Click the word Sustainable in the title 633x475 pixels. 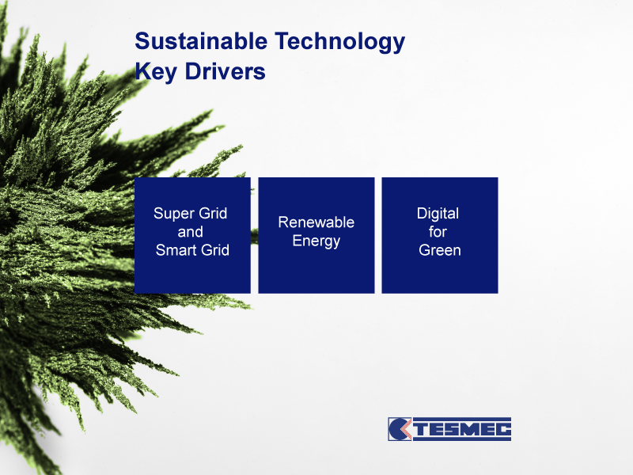point(201,41)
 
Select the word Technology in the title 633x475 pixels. point(340,42)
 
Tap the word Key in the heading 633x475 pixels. point(156,72)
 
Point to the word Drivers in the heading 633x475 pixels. point(226,71)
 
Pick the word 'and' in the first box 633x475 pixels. point(190,232)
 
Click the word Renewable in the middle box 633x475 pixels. point(316,222)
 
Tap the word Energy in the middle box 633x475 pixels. point(316,241)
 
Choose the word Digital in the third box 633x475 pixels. point(438,214)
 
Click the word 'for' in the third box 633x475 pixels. point(438,232)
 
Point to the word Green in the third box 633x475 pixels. point(440,250)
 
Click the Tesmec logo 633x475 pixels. point(449,429)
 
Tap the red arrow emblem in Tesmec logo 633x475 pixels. point(407,429)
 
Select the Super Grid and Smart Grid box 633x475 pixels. point(192,235)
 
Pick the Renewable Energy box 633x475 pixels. point(316,235)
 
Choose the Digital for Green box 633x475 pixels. point(440,235)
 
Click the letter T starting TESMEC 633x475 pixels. point(421,429)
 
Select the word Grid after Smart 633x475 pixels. point(215,250)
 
